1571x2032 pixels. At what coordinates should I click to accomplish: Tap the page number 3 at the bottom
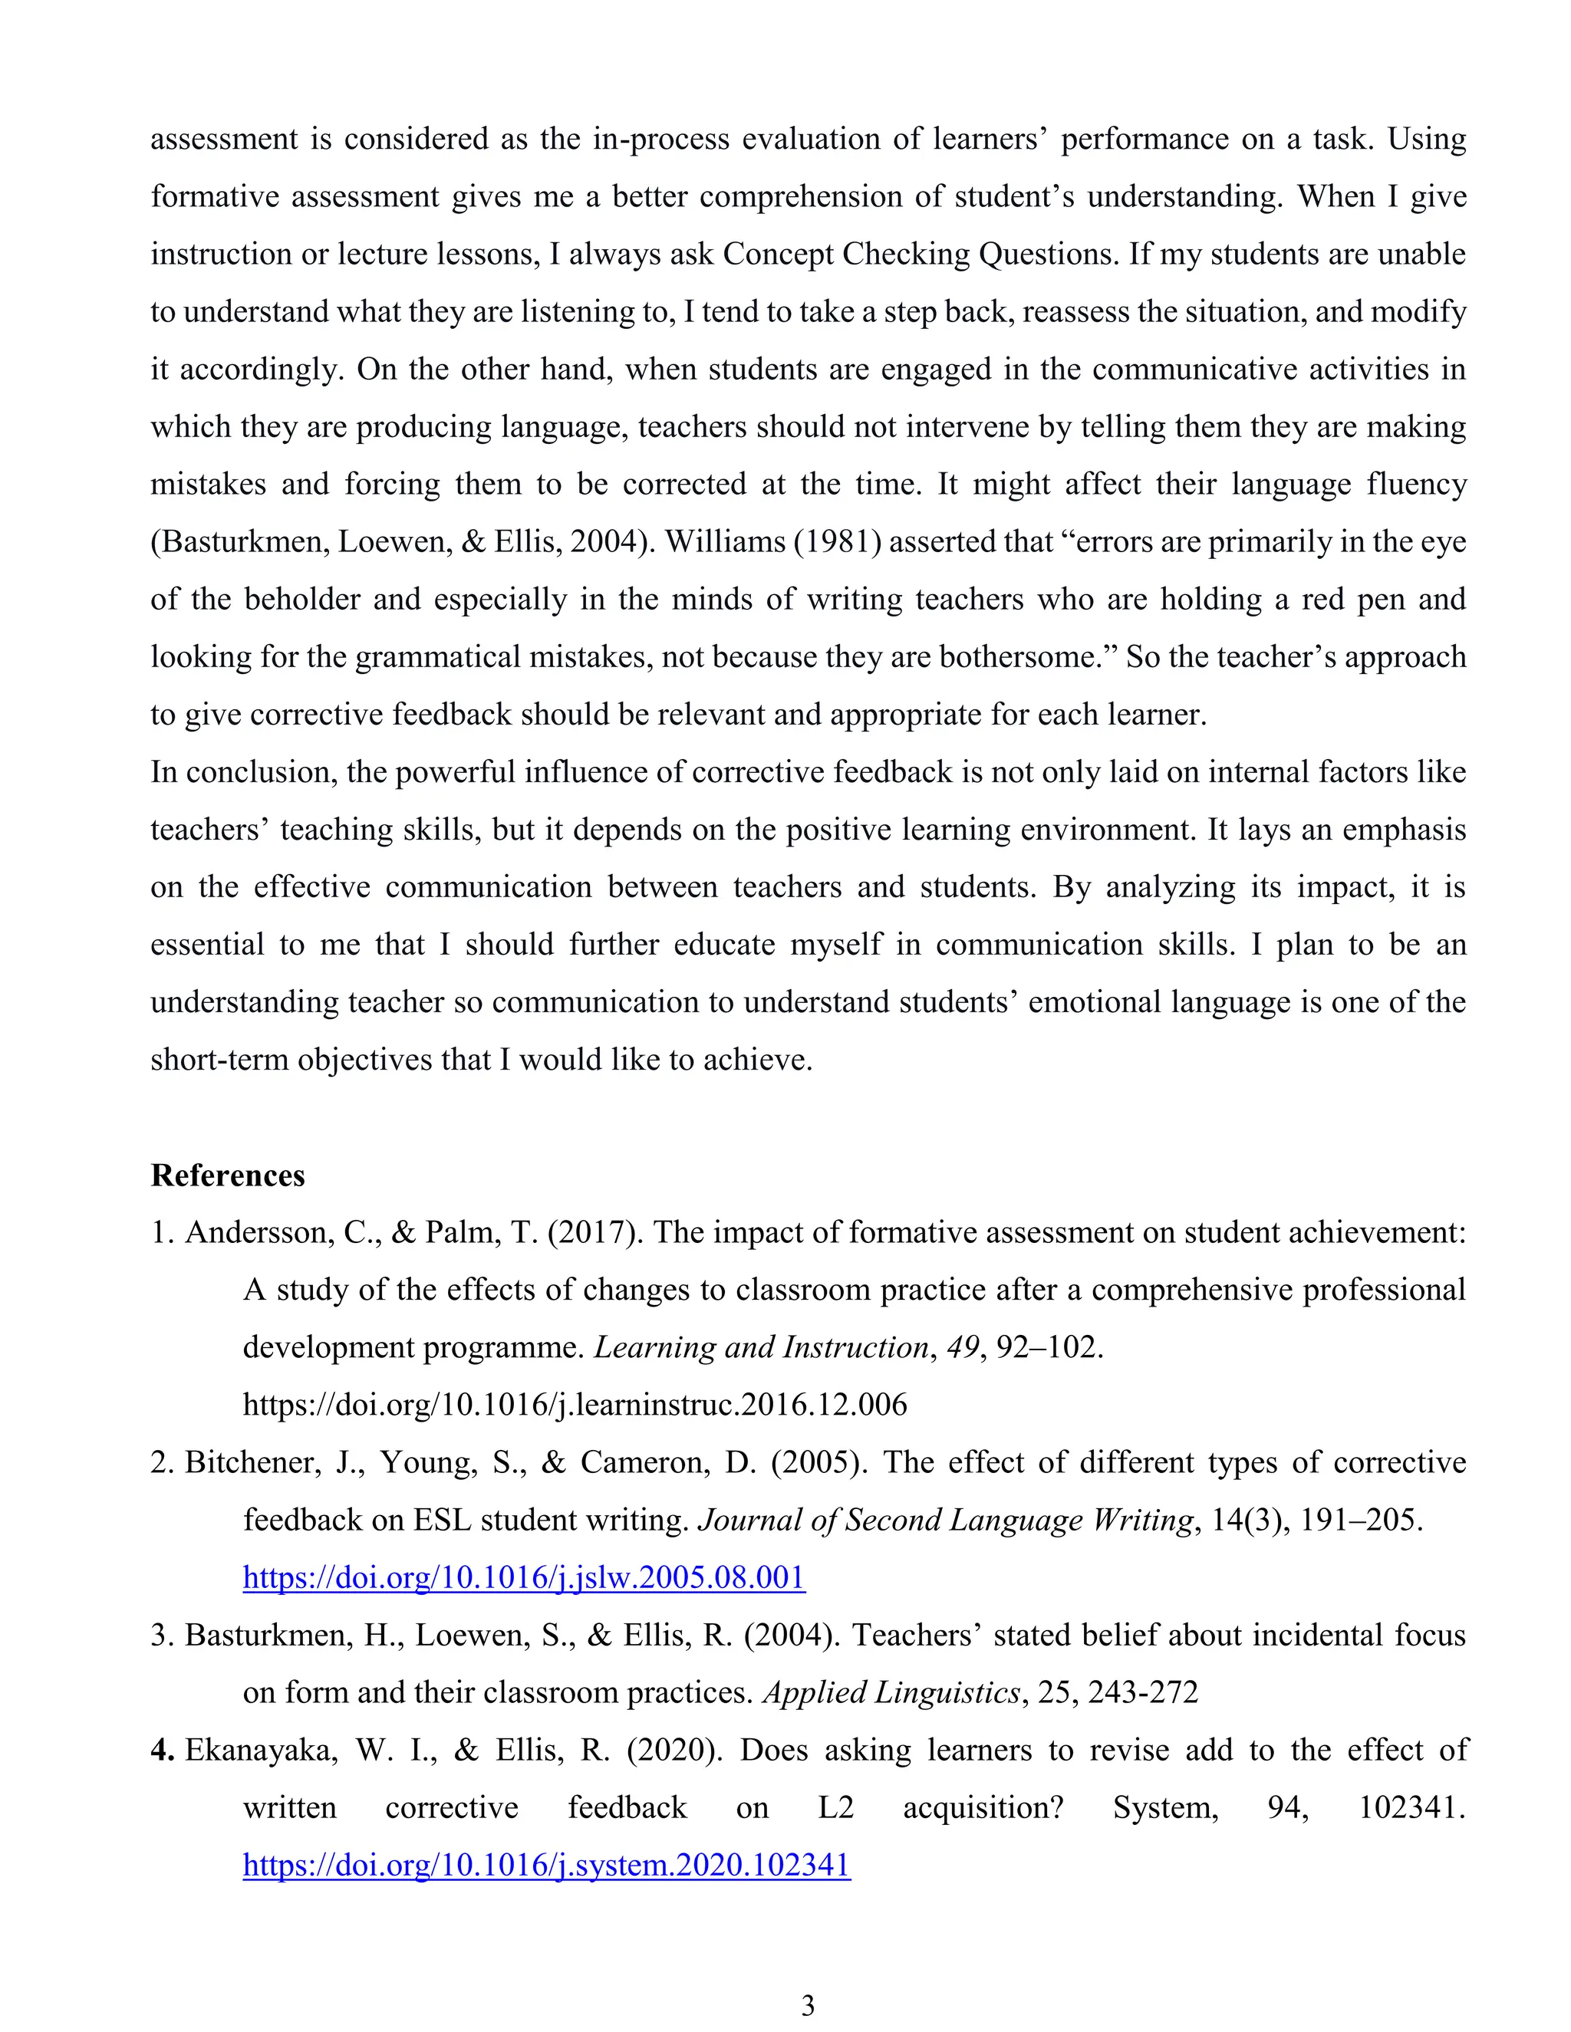pyautogui.click(x=808, y=2006)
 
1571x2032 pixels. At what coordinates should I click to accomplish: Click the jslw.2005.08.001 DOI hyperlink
pyautogui.click(x=524, y=1577)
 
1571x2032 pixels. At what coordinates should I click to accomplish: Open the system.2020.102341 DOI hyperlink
pyautogui.click(x=546, y=1865)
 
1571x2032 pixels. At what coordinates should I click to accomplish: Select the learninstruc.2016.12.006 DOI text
pyautogui.click(x=575, y=1404)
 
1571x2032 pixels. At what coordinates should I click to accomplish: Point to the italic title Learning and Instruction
pyautogui.click(x=761, y=1347)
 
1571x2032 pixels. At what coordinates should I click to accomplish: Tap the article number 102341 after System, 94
pyautogui.click(x=1411, y=1808)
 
